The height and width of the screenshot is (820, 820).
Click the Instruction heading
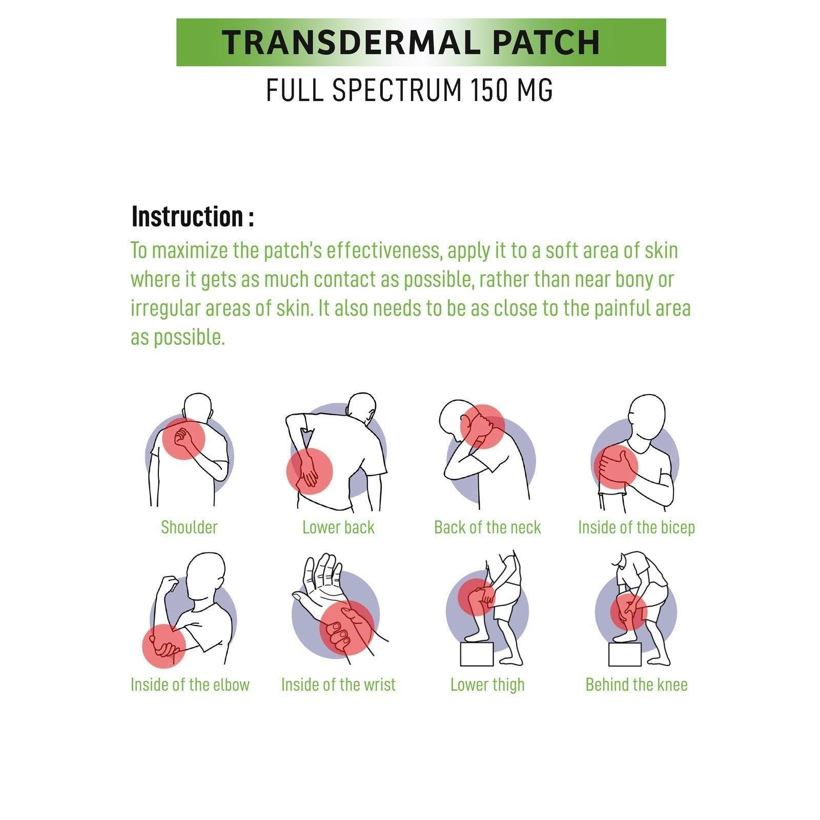[193, 217]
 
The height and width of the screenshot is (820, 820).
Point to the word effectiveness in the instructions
[384, 251]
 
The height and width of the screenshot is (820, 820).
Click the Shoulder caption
[189, 527]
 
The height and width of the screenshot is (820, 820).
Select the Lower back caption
[338, 527]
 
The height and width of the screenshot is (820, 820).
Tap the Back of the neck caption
[487, 527]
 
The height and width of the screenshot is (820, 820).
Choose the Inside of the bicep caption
[637, 527]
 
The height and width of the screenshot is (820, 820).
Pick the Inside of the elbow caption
[190, 685]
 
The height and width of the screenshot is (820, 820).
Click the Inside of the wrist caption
[338, 685]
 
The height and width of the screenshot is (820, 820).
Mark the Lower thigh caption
[487, 685]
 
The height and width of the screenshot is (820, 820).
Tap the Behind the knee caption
[637, 685]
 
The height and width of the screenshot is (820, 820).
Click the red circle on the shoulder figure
[183, 439]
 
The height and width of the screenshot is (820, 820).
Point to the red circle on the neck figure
[482, 426]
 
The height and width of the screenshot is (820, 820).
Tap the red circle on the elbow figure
[163, 646]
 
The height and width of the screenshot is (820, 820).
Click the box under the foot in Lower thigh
[477, 654]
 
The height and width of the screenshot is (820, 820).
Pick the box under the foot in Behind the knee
[625, 654]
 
